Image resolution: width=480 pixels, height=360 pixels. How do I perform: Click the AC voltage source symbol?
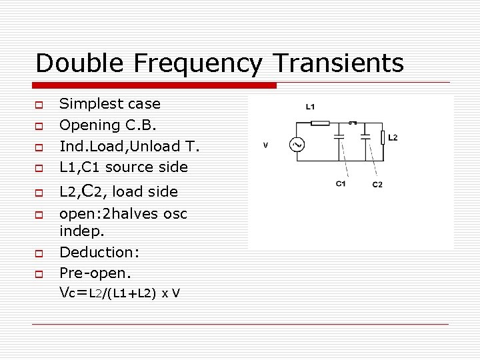(294, 144)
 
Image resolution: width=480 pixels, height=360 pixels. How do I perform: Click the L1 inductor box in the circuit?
(321, 123)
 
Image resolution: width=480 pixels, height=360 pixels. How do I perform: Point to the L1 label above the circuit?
(311, 107)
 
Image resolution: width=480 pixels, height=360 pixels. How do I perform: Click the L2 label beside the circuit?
(393, 137)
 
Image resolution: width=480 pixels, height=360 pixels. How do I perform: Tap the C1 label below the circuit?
(340, 183)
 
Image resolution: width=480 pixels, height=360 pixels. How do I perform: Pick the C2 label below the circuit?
(377, 184)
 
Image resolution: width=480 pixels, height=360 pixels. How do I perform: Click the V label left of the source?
(265, 145)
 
